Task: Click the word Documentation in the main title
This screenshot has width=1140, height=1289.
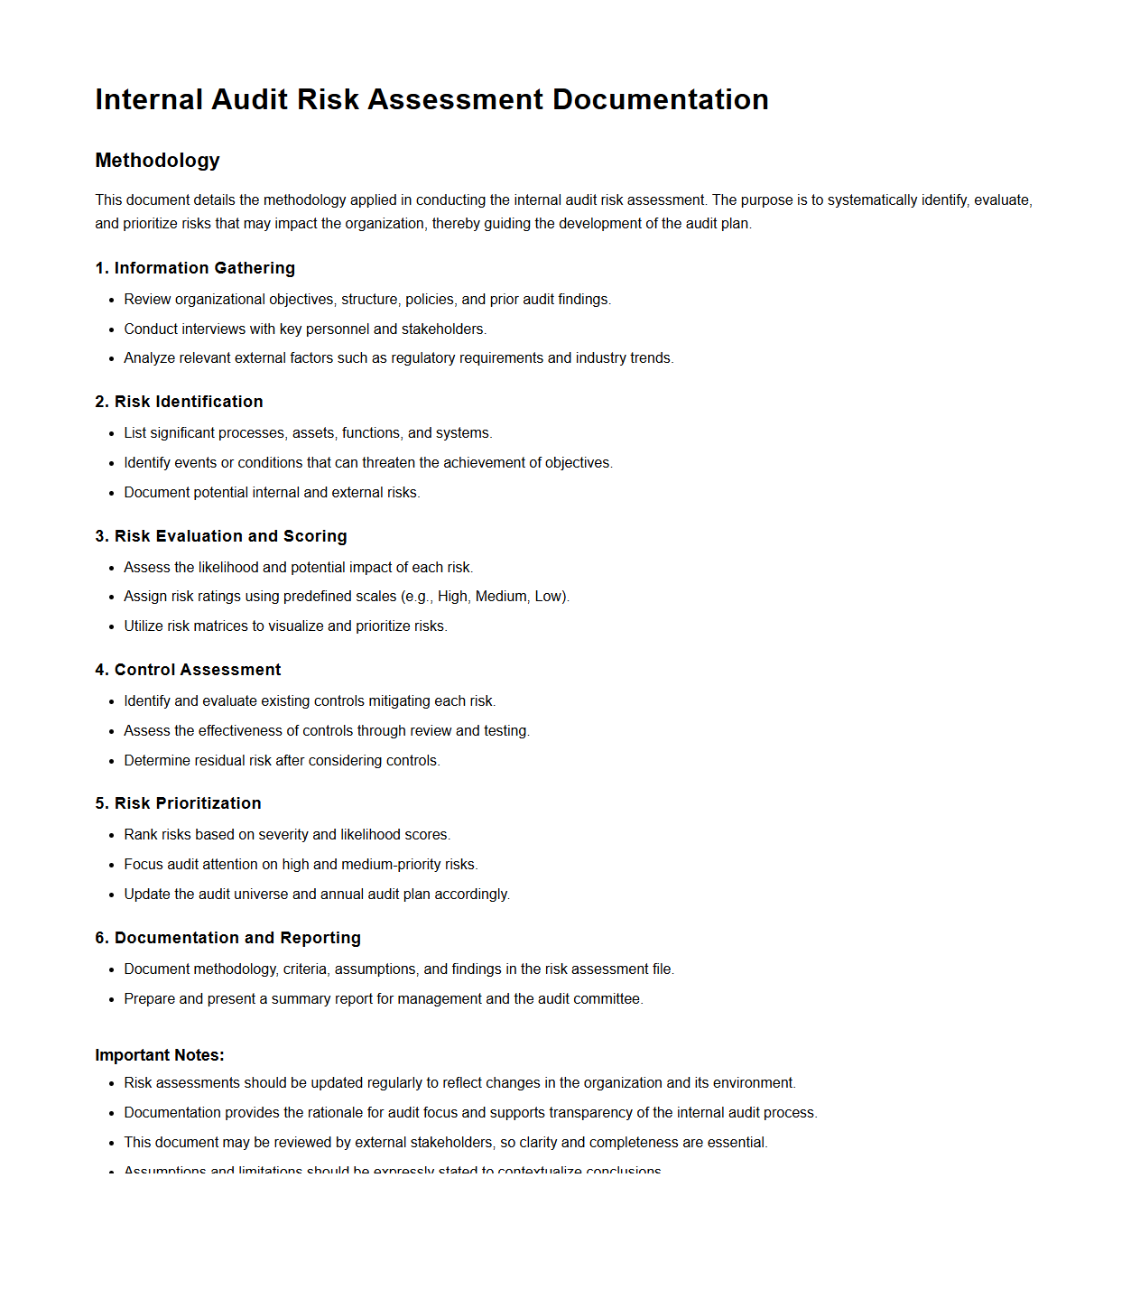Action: (660, 99)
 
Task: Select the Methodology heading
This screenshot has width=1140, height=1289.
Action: (157, 161)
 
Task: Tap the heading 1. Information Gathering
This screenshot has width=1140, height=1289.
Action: (195, 268)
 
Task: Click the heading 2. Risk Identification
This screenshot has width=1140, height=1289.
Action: (179, 402)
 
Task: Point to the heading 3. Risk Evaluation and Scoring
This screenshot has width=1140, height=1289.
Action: (221, 536)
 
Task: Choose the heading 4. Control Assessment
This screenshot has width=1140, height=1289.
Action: (188, 670)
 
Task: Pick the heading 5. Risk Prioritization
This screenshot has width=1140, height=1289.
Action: (178, 803)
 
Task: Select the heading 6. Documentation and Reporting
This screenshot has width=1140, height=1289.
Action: (227, 938)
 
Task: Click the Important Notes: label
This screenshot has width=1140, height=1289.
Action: (160, 1055)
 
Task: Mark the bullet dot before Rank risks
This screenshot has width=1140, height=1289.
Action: (112, 836)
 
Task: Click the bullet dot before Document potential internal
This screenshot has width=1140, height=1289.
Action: (112, 494)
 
